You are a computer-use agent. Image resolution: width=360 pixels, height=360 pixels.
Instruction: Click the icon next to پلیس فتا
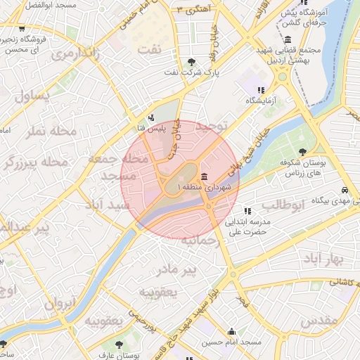pos(151,117)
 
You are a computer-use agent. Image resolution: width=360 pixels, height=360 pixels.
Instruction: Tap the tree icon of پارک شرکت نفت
pos(193,62)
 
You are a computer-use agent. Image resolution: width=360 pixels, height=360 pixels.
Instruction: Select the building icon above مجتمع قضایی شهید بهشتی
pos(288,39)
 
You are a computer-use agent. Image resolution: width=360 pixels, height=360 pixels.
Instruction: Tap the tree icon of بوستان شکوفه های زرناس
pos(302,151)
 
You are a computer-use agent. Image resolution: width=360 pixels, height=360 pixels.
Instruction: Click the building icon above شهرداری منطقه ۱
pos(204,176)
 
